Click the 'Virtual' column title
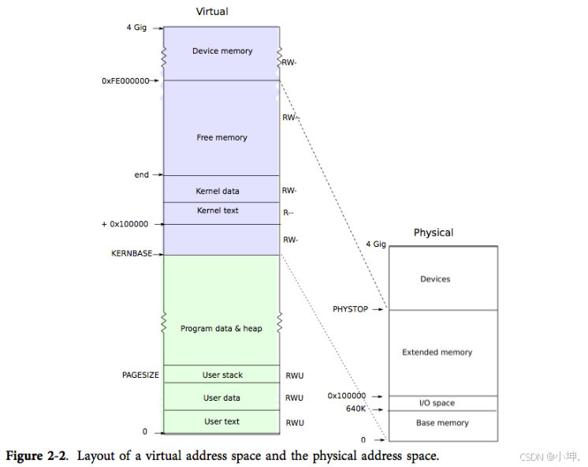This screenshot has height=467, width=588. [212, 11]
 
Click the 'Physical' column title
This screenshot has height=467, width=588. [434, 233]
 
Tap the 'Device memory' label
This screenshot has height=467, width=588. [222, 51]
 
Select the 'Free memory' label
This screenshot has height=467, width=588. [221, 138]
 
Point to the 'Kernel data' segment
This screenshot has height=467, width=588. [218, 191]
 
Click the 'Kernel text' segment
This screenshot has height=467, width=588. [218, 211]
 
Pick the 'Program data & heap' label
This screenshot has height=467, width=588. [221, 328]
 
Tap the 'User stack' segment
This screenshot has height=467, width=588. [222, 375]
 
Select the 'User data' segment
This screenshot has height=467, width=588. [221, 398]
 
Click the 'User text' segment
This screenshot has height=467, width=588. [221, 421]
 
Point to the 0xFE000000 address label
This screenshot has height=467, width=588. [125, 80]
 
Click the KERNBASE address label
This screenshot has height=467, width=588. [132, 254]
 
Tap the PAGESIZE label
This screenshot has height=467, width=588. [140, 375]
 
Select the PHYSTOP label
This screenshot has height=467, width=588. [350, 309]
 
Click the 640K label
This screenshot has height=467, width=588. [355, 409]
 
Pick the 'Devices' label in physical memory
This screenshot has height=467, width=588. [435, 279]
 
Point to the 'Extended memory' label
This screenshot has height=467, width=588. [437, 353]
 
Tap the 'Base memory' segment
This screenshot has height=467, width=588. [442, 423]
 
